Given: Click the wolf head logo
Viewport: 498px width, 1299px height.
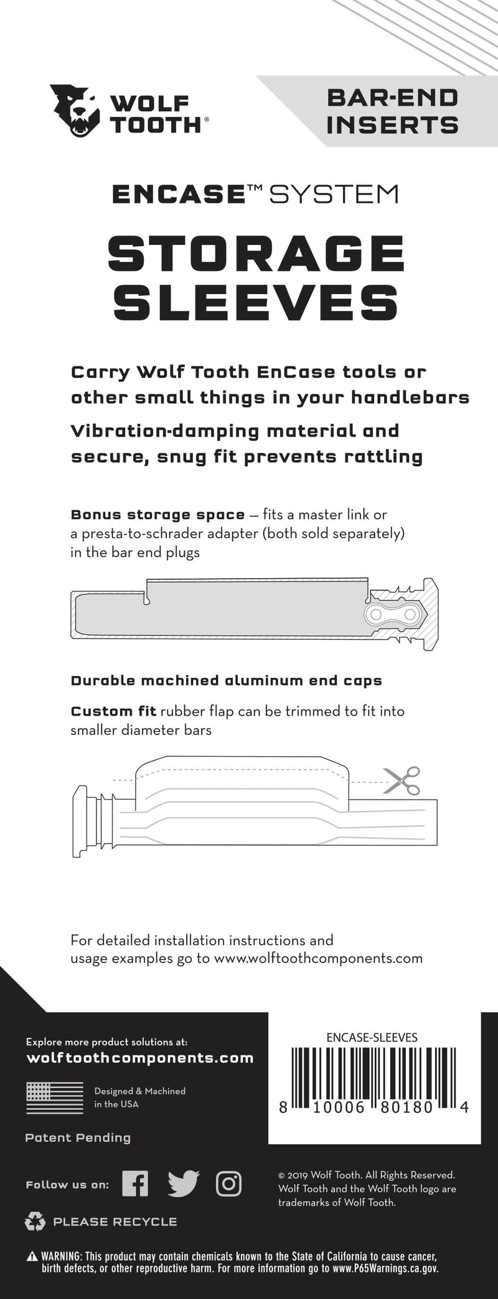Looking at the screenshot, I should (x=75, y=111).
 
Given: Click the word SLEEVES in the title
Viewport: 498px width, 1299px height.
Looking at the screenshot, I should (x=255, y=303).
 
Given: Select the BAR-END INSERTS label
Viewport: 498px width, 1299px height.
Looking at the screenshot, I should (x=392, y=111).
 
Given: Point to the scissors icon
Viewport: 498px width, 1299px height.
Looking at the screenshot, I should (x=402, y=781).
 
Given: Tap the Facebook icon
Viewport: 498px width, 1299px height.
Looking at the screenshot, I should (x=135, y=1183).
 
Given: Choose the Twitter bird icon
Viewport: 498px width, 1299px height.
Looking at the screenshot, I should (x=184, y=1183).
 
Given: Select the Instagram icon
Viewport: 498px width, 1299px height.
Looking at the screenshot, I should (x=228, y=1183).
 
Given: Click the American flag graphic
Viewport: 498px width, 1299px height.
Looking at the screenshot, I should (x=55, y=1098).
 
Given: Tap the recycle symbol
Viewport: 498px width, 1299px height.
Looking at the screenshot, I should (x=35, y=1222).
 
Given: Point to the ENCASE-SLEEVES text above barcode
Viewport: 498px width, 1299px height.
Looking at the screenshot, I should (x=372, y=1037).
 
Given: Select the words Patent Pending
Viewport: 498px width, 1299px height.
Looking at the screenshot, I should (x=78, y=1138).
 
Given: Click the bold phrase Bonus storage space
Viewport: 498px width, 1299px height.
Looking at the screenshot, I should (x=157, y=515).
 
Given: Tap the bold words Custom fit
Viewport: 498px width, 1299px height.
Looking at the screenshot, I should (x=113, y=711).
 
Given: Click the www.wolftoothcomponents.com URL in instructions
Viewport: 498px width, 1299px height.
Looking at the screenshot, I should (x=318, y=958).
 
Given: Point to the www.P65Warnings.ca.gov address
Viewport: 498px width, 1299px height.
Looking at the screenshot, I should (x=385, y=1268).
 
